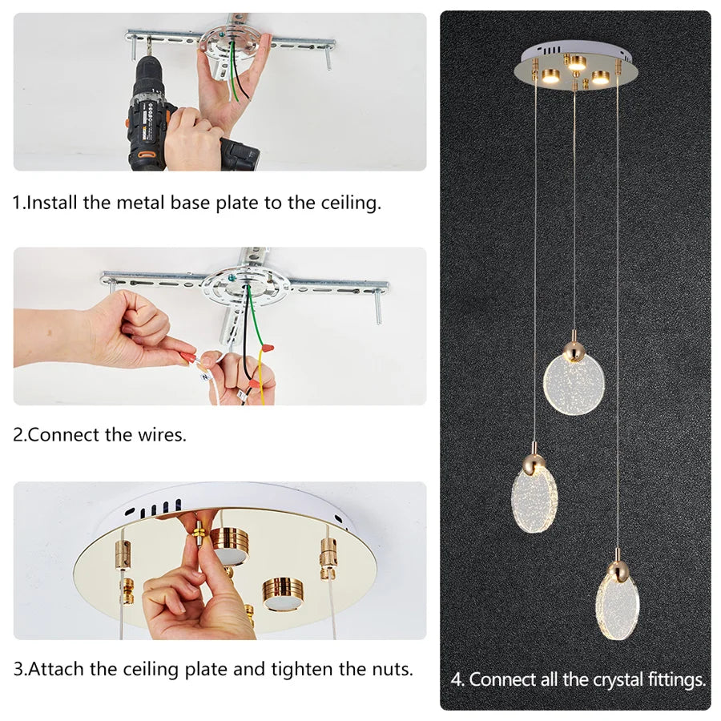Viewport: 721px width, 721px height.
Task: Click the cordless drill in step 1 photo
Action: click(152, 104)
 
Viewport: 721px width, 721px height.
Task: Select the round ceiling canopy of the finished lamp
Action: click(574, 68)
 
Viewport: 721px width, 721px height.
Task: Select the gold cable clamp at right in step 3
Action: click(328, 556)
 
